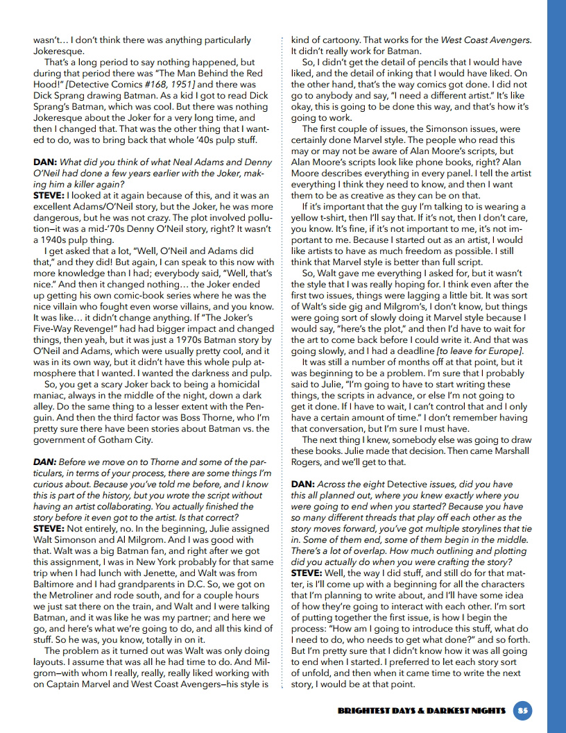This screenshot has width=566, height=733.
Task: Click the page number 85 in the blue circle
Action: pyautogui.click(x=522, y=710)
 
